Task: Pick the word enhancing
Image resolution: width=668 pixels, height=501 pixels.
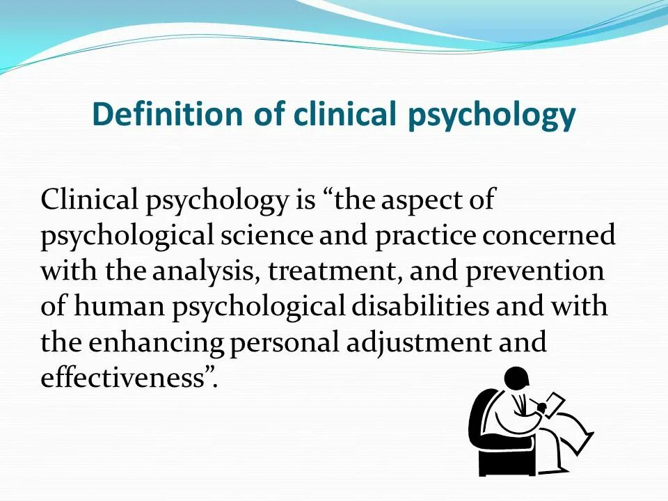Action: tap(156, 342)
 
